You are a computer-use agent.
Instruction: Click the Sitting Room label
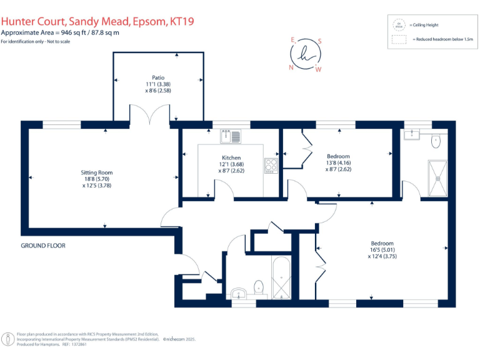pos(96,172)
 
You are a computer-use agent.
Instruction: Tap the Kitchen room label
pos(231,157)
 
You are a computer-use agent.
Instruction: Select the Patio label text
pos(158,77)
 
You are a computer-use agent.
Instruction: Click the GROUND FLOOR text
pos(43,246)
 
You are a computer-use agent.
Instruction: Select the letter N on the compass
pos(291,67)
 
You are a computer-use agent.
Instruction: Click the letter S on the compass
pos(319,41)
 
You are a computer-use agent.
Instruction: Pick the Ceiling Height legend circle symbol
pos(398,25)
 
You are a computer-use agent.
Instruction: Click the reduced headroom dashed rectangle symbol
pos(398,39)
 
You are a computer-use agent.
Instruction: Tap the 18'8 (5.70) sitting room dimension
pos(97,178)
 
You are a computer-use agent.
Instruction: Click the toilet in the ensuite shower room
pos(436,142)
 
